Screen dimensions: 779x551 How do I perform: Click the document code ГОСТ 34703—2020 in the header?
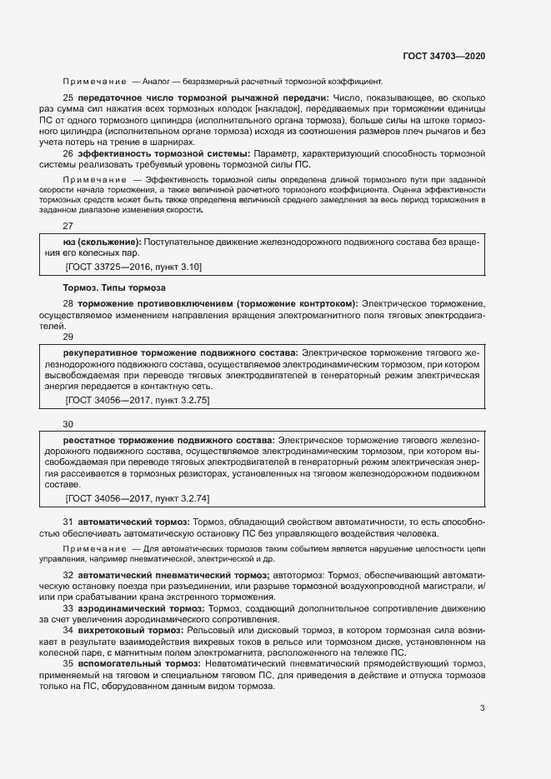(443, 56)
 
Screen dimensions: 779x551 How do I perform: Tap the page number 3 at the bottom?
(482, 709)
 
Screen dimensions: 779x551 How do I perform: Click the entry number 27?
(68, 226)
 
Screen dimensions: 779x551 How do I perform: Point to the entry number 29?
(68, 337)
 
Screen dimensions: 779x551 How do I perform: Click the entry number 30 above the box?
(68, 424)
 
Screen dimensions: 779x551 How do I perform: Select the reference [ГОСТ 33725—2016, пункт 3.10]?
(133, 267)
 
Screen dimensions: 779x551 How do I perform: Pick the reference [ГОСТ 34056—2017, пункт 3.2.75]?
(137, 401)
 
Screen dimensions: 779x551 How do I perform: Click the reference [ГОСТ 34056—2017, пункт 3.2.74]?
(137, 498)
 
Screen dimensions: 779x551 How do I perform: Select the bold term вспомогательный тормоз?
(133, 663)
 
